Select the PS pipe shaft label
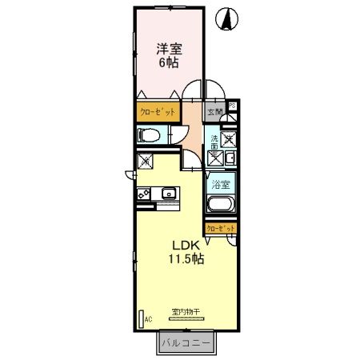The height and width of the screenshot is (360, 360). (x=232, y=105)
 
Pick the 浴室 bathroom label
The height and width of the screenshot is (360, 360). (x=221, y=185)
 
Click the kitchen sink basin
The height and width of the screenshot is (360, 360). (x=170, y=194)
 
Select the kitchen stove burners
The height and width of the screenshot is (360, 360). (x=145, y=194)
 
